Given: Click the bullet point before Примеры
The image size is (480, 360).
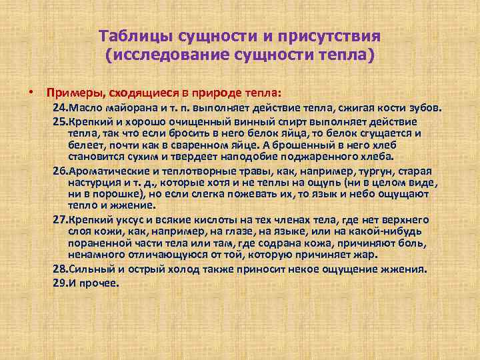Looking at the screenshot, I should (31, 91).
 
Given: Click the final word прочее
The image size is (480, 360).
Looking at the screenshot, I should (101, 283).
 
